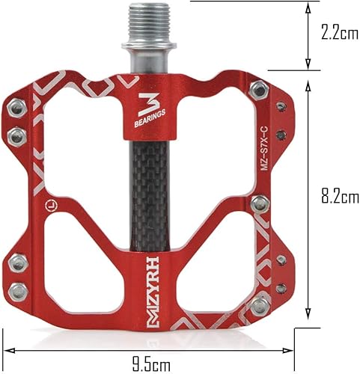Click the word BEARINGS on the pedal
(x=149, y=119)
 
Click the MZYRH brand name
(x=149, y=287)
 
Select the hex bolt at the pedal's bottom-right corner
(x=259, y=304)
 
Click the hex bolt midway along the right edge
(x=259, y=203)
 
